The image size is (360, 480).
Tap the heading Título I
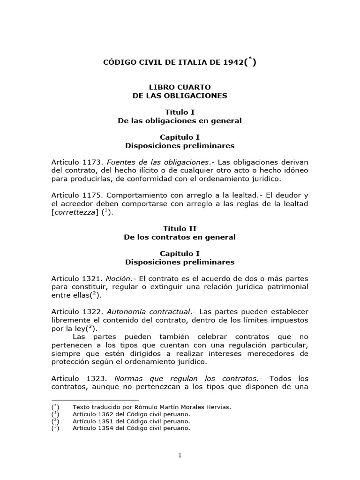coord(180,112)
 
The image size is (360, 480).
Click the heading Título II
coord(180,229)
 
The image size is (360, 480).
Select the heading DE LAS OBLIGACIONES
coord(180,96)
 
